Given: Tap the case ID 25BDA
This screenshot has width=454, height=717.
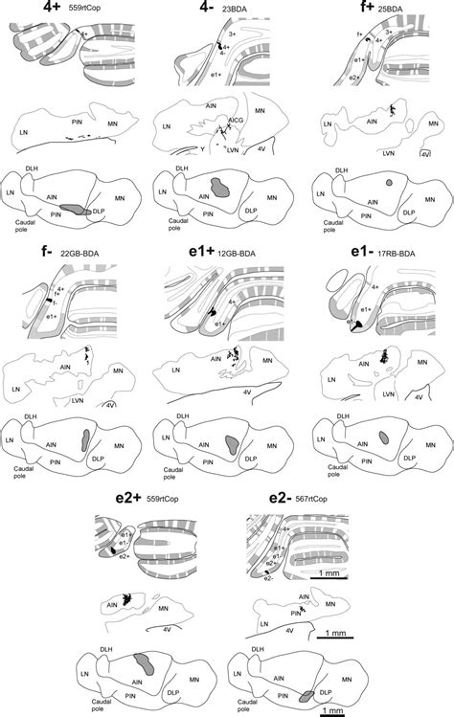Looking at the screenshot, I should point(390,10).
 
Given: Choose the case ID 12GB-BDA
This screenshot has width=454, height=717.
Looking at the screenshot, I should point(238,254).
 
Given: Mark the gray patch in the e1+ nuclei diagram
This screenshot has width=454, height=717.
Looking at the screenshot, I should point(231,442).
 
